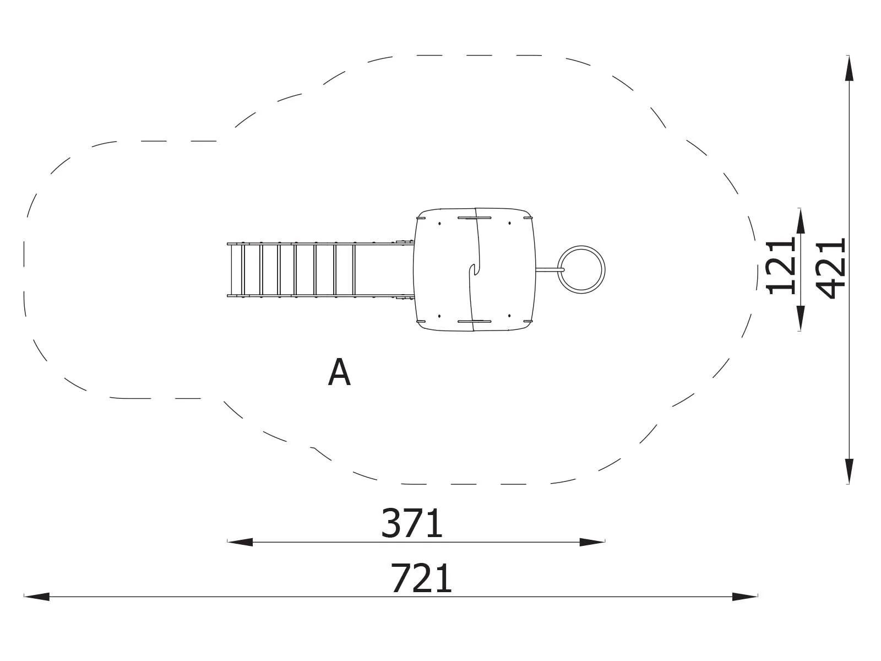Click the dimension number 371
click(x=412, y=523)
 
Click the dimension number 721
click(x=421, y=578)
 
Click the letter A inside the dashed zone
click(x=339, y=372)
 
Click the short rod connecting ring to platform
click(x=550, y=269)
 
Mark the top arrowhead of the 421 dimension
click(x=850, y=69)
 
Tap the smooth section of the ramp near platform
click(x=383, y=269)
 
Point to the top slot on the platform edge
click(x=474, y=218)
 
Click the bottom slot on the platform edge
click(x=474, y=321)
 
